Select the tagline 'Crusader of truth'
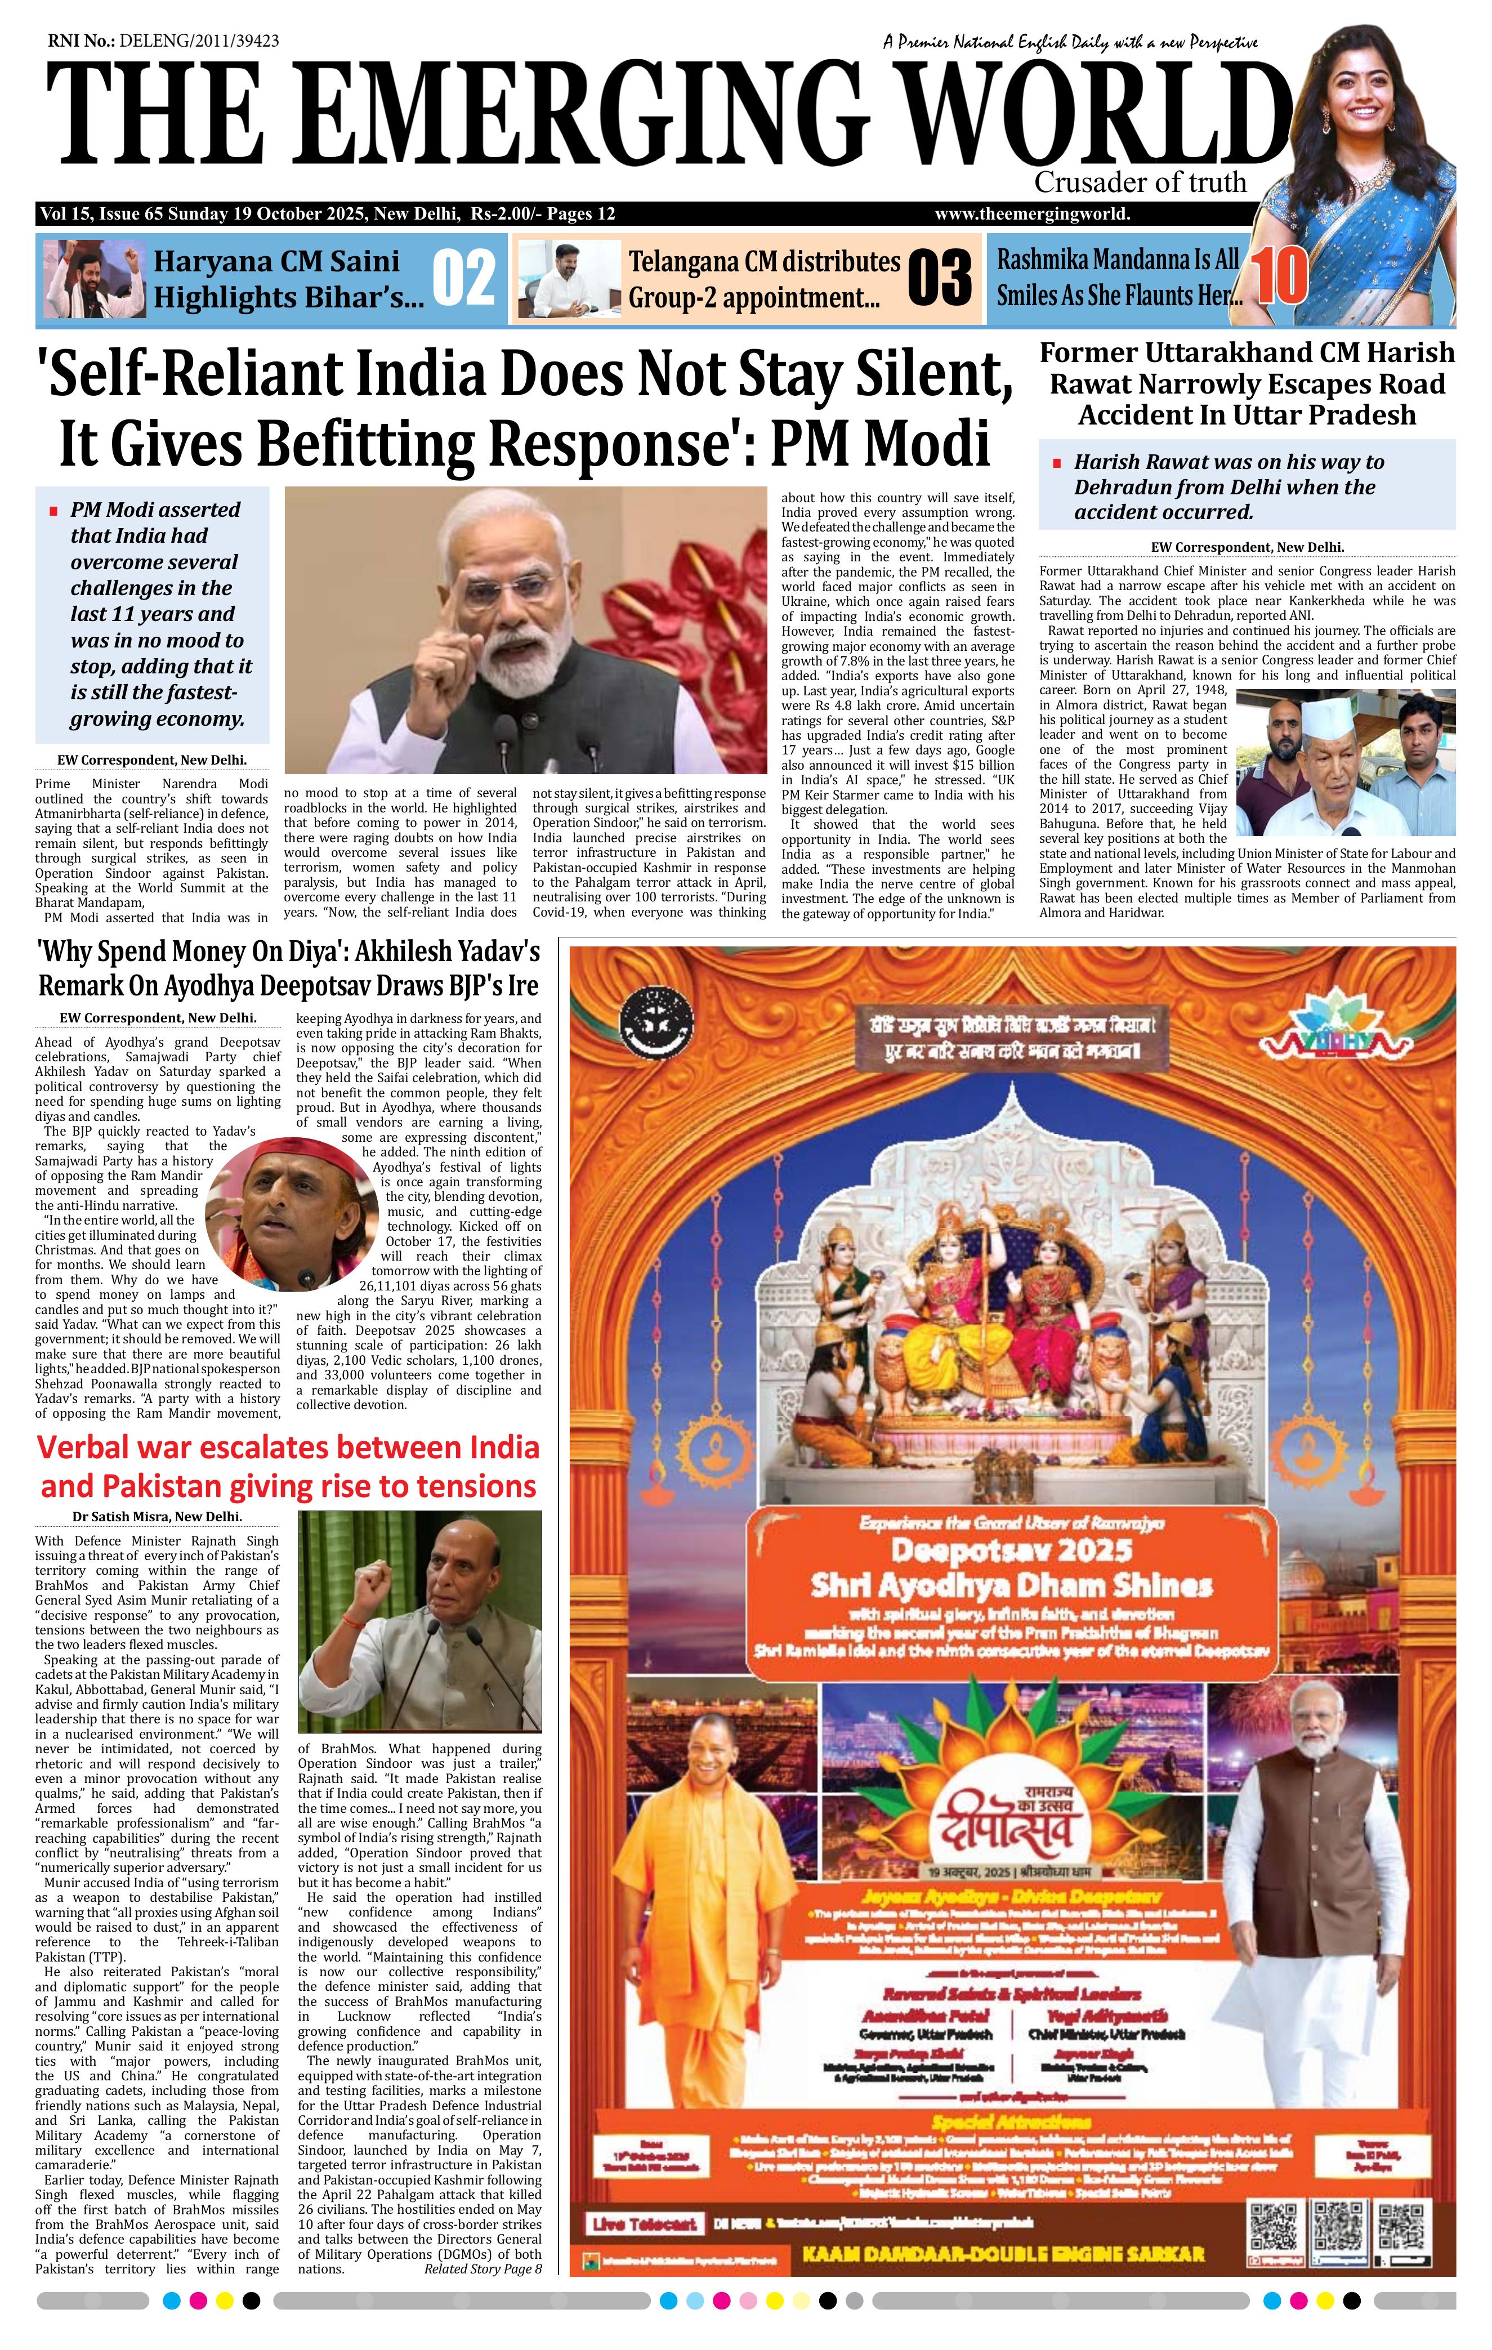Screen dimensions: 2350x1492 tap(1140, 182)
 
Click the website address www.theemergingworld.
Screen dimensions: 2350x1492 tap(1033, 214)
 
